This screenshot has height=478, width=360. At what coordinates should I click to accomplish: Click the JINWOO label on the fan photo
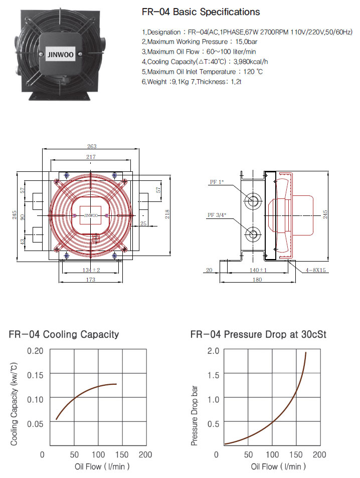pos(60,55)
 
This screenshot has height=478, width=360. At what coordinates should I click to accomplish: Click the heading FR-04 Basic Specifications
pos(201,12)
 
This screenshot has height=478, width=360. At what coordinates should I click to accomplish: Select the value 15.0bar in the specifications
pos(247,42)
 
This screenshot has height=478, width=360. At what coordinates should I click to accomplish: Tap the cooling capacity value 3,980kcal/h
pos(251,62)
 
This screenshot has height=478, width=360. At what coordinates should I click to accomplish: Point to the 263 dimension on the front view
pos(92,146)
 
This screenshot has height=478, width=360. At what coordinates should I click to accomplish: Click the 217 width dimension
pos(91,157)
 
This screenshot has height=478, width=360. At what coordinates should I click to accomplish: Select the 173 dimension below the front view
pos(91,280)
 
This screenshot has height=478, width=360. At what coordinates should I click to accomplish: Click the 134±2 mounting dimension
pos(91,270)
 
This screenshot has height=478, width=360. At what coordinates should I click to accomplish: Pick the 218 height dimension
pos(167,214)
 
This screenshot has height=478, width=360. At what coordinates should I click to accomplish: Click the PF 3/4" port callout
pos(217,215)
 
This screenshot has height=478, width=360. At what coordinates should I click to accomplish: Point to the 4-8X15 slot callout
pos(316,270)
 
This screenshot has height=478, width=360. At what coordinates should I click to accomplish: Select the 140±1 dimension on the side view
pos(258,270)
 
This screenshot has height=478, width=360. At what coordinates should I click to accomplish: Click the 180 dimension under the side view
pos(257,280)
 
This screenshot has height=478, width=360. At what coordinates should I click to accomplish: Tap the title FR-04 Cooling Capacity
pos(64,334)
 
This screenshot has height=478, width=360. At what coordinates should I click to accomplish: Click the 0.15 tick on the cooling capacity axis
pos(35,375)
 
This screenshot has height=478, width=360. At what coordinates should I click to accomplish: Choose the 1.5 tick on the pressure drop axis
pos(213,375)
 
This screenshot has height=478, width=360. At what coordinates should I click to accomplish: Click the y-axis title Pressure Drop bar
pos(195,416)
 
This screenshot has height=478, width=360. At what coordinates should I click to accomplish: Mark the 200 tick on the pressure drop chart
pos(319,455)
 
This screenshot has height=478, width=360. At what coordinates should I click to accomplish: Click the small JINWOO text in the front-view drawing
pos(91,215)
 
